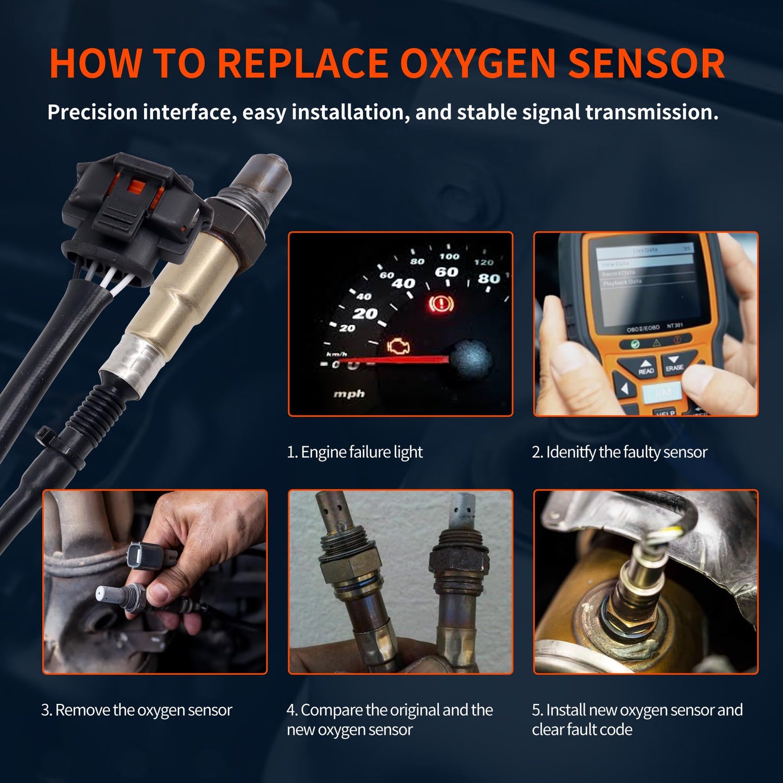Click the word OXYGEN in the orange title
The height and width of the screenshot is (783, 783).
(x=478, y=64)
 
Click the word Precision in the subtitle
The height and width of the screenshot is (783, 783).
(x=92, y=113)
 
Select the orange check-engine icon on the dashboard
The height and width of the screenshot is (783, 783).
(x=398, y=346)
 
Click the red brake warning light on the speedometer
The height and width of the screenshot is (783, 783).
(x=441, y=304)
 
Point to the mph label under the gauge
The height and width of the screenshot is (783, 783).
(x=348, y=394)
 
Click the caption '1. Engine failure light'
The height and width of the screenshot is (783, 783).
(x=354, y=452)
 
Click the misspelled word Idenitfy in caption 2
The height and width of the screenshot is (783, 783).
(x=571, y=452)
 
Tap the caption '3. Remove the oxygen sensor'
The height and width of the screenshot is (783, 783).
(x=137, y=710)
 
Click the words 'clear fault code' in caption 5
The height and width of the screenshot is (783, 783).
(x=582, y=730)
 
